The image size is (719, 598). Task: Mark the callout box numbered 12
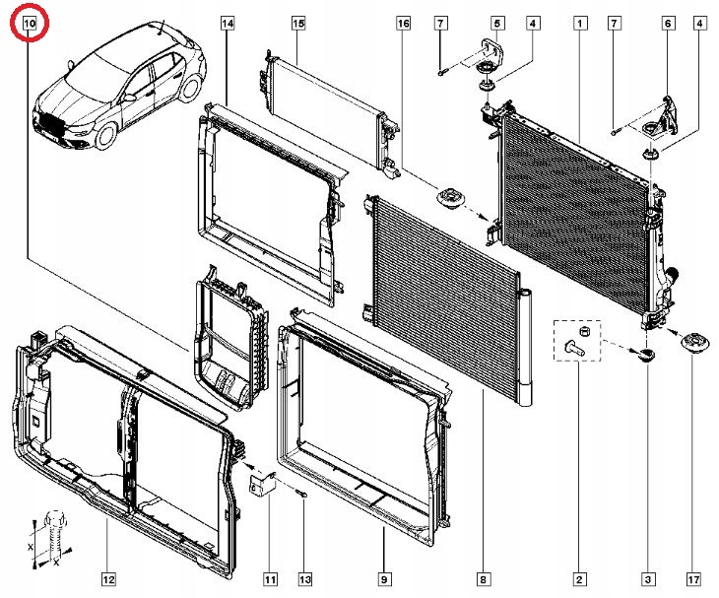(108, 578)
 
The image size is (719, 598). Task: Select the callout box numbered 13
(305, 578)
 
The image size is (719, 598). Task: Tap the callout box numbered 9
(383, 578)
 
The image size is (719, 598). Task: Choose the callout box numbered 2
(579, 578)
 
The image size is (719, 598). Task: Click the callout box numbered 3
(648, 578)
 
